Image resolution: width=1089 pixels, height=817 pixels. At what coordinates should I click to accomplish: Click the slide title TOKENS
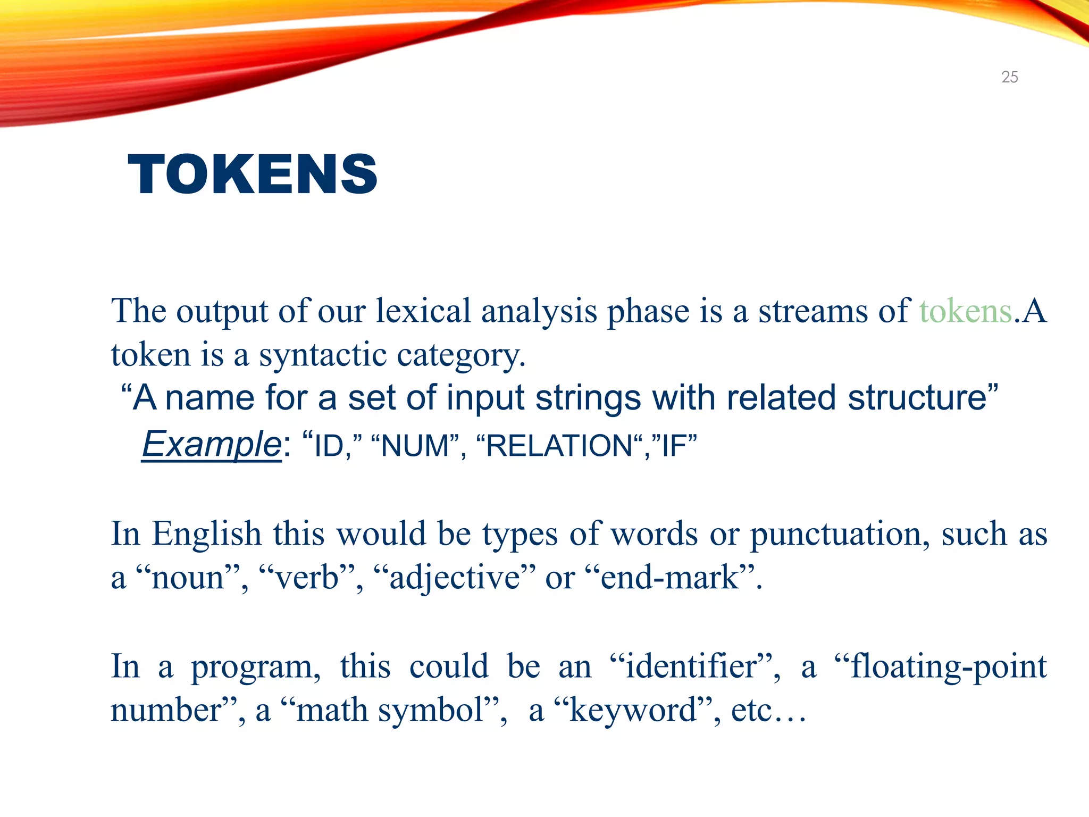point(253,174)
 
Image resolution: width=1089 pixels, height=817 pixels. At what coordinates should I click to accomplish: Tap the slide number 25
point(1009,77)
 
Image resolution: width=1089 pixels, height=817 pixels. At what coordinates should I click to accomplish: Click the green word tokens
point(965,311)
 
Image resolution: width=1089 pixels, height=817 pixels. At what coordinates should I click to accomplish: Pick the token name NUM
point(415,446)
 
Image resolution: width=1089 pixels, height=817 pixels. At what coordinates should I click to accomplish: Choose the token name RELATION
point(559,446)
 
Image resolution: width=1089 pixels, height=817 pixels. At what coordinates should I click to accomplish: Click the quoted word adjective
point(455,578)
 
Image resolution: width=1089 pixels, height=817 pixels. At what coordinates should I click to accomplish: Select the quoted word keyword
point(633,710)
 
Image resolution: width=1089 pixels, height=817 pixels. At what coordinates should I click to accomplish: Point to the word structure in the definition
point(917,398)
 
